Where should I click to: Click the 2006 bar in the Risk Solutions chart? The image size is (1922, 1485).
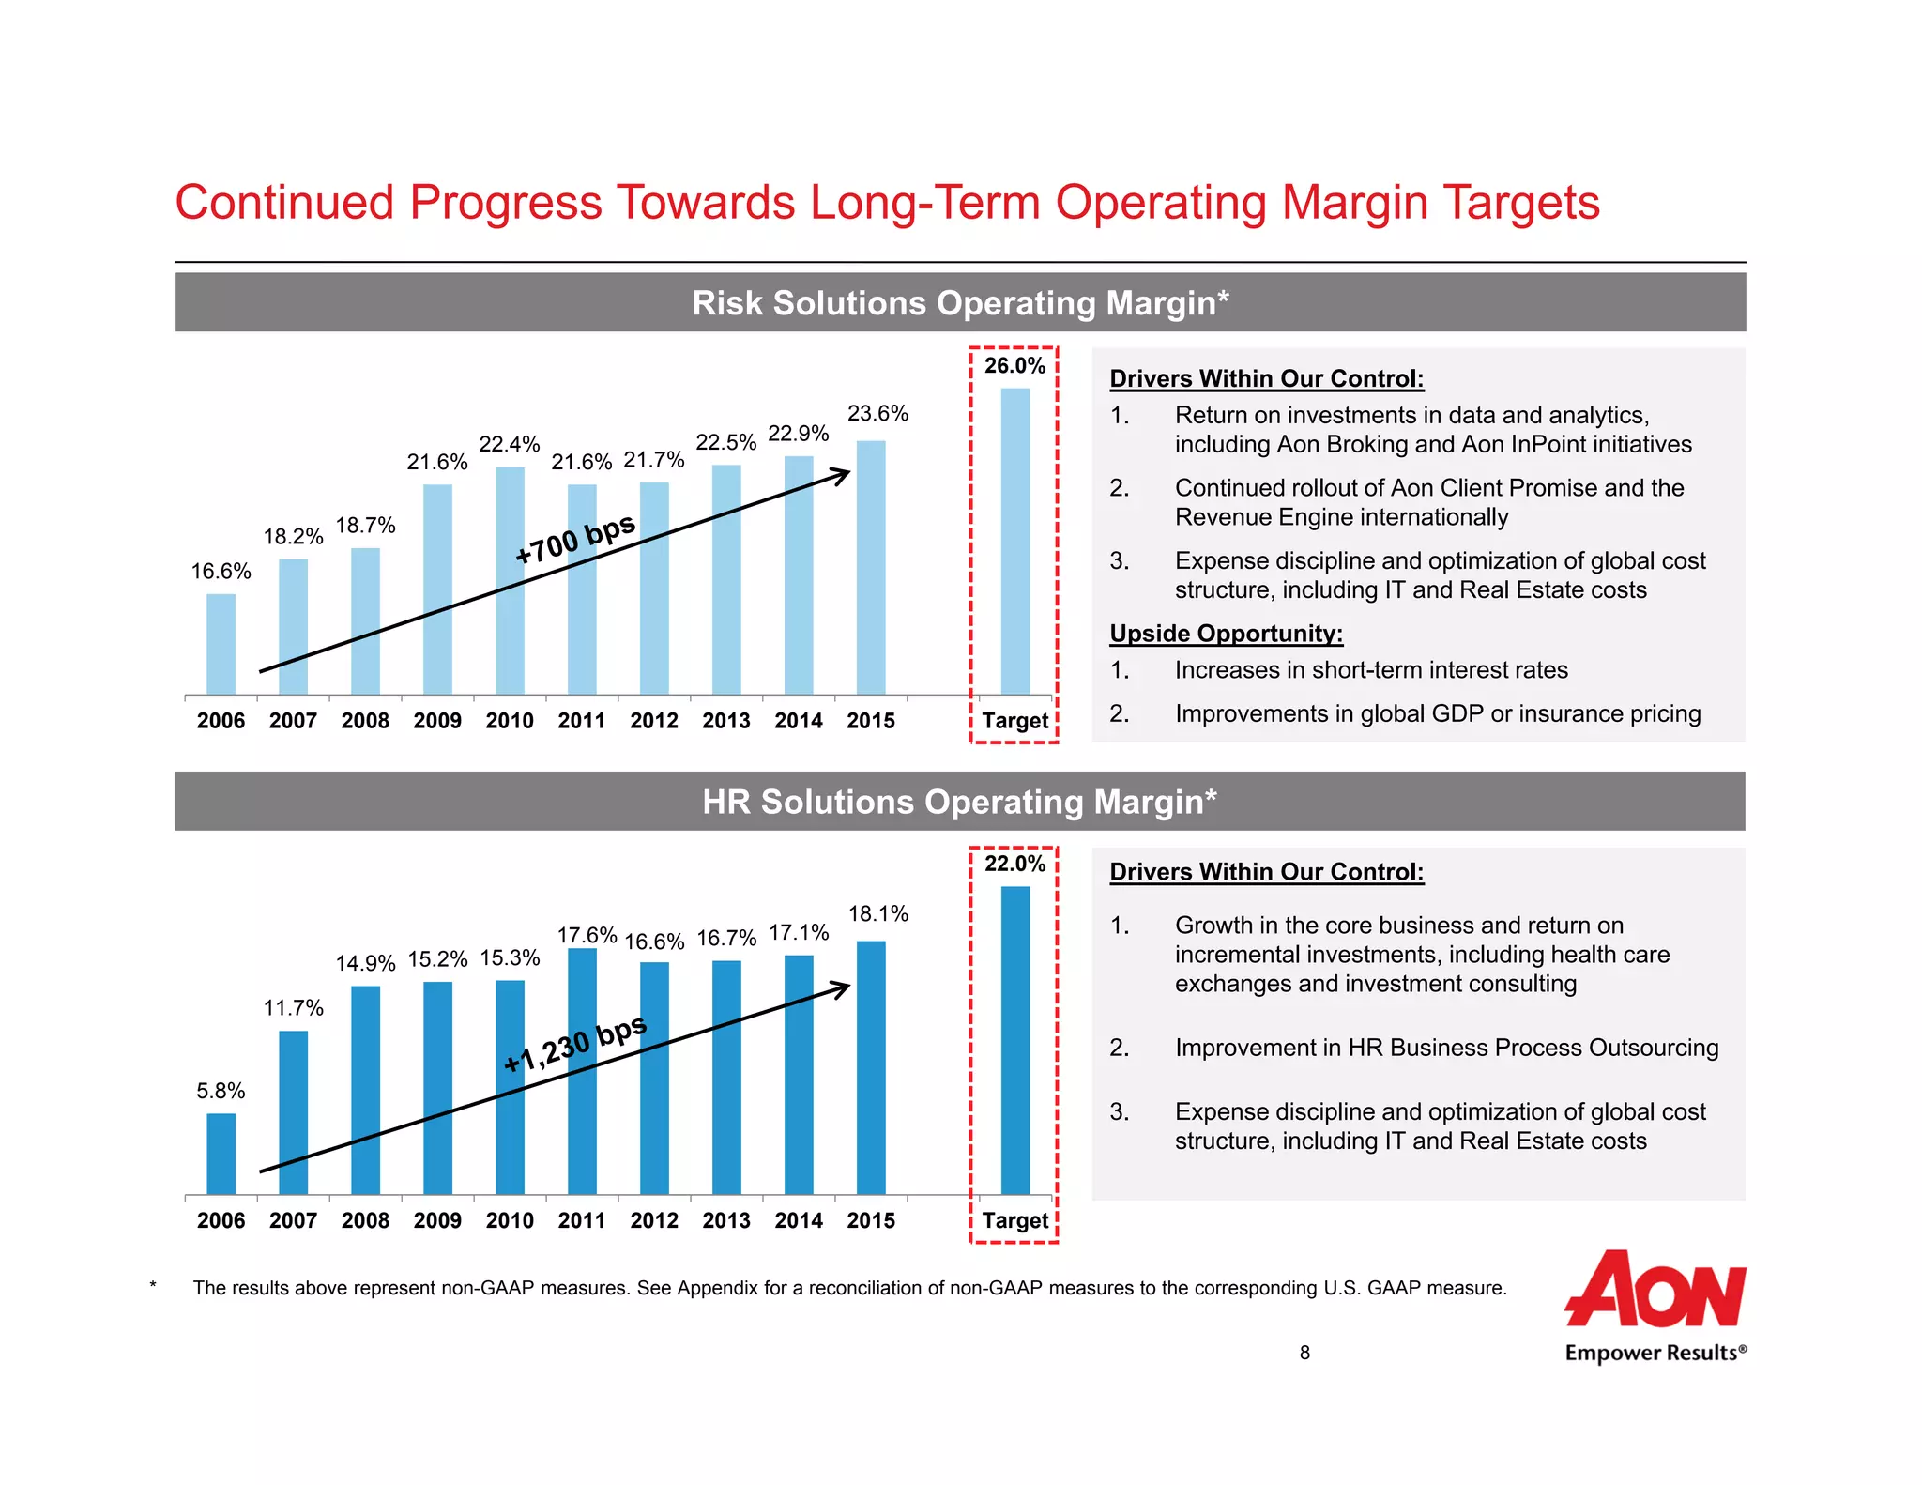click(221, 644)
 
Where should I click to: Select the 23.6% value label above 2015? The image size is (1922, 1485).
click(877, 413)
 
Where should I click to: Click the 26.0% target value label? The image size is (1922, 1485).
click(1014, 366)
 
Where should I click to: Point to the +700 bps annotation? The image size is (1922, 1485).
click(575, 539)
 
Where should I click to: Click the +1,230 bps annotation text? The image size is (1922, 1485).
click(574, 1043)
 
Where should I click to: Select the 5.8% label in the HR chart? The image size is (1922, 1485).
click(221, 1091)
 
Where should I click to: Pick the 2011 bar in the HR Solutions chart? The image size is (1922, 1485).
click(582, 1071)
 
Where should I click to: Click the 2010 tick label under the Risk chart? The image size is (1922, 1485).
click(510, 721)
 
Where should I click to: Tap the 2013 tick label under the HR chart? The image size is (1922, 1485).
click(726, 1220)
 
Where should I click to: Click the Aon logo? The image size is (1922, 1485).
click(1655, 1290)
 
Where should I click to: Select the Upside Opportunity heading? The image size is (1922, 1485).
click(1226, 634)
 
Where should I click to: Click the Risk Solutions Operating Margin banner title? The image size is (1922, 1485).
click(960, 303)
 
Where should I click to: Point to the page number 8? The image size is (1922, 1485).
click(1304, 1353)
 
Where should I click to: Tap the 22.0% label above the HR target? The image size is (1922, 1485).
click(1014, 864)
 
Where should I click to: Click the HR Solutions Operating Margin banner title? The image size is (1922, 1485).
click(959, 803)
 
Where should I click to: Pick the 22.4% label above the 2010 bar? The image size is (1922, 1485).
click(510, 444)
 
